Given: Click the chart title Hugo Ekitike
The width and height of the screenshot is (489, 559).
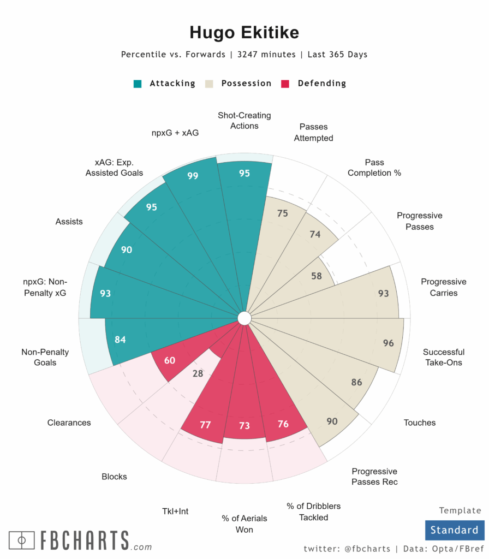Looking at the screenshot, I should pos(244,33).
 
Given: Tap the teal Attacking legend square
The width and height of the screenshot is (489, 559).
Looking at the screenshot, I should pos(138,84).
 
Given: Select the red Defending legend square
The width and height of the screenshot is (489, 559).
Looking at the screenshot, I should pos(285,84).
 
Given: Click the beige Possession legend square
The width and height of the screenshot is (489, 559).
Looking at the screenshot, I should pos(209,84).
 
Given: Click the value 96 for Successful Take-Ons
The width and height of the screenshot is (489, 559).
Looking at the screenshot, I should pos(388,343).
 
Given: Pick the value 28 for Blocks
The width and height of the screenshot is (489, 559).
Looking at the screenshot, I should pos(198,374).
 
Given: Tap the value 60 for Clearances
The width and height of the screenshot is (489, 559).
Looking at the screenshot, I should pos(170,360).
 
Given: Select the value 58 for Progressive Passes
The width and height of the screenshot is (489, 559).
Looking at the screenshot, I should pos(316,276).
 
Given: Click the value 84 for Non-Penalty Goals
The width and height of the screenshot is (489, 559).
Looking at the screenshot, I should pos(121,340).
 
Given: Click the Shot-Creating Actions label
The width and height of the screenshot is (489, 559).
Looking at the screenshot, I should pos(244,121).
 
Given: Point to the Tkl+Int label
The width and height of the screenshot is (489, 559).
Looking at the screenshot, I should pos(175,512).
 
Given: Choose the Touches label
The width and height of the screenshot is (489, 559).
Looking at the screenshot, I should pos(420,423).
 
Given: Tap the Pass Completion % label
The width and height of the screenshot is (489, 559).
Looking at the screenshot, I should pos(374,168).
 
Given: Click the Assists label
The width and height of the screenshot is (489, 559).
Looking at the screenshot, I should pos(69,222).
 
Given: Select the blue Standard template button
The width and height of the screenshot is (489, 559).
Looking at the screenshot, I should pos(454,530).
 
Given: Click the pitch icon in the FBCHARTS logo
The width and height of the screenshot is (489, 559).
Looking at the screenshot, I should pos(22,540).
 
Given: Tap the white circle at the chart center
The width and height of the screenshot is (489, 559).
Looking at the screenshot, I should pos(244,318).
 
